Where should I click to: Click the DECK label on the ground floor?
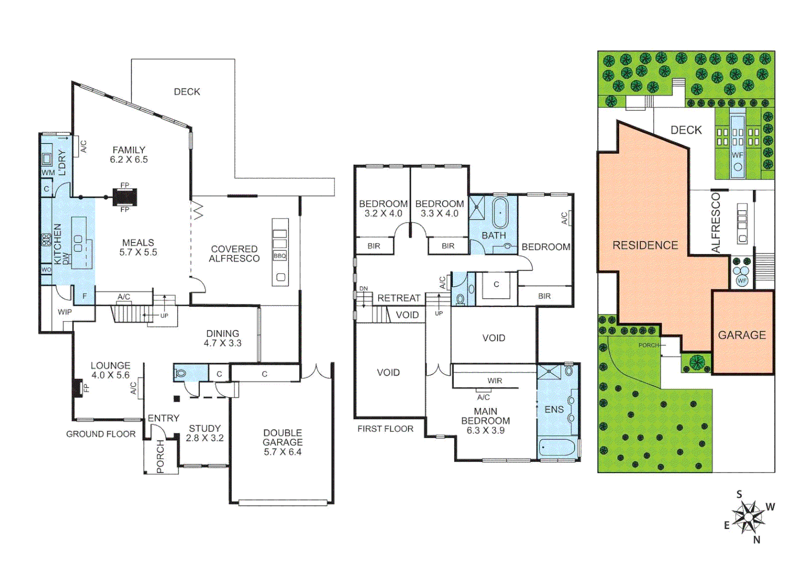pos(187,92)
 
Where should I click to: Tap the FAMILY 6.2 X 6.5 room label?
pos(129,155)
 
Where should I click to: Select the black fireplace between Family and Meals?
pos(125,197)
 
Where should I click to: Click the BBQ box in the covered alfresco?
pos(280,256)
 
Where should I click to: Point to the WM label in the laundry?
pos(48,172)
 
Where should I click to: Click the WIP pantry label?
pos(65,312)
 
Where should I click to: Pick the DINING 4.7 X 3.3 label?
pos(222,338)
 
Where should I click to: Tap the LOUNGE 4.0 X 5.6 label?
pos(110,370)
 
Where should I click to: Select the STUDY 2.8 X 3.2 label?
pos(205,433)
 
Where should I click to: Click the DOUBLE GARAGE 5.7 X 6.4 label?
pos(282,442)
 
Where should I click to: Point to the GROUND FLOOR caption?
pos(101,434)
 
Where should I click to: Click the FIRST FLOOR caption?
pos(385,429)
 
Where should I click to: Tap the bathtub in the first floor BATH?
pos(500,213)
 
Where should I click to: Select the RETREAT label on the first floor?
pos(399,298)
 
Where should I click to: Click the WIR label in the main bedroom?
pos(494,381)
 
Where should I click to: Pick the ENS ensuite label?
pos(554,410)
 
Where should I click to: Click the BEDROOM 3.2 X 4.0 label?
pos(383,209)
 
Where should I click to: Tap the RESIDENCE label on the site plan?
pos(645,245)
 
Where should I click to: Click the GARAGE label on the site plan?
pos(742,335)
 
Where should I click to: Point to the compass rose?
pos(749,517)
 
